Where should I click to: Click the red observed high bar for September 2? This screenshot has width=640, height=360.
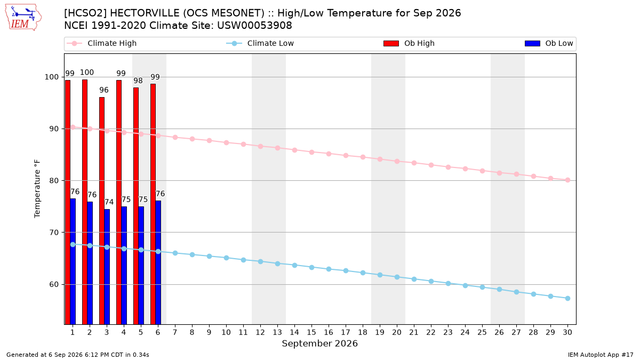click(85, 202)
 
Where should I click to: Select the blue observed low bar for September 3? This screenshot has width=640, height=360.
click(107, 267)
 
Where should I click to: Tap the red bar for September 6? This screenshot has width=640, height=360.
click(153, 204)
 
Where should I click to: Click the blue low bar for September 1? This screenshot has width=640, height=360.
click(73, 261)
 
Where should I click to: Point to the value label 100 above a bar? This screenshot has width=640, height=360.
click(87, 73)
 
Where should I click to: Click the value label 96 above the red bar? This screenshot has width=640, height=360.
click(104, 90)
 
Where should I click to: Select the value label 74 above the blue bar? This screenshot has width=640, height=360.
click(109, 202)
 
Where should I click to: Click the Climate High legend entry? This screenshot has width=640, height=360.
click(102, 43)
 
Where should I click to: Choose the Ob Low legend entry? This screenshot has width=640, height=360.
click(549, 43)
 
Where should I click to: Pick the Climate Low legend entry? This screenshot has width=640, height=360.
click(260, 43)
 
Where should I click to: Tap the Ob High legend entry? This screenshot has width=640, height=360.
click(409, 43)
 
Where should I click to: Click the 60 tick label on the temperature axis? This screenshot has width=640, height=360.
click(54, 285)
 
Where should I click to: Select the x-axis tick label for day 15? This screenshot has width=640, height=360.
click(311, 332)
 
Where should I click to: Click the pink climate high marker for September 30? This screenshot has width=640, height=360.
click(567, 180)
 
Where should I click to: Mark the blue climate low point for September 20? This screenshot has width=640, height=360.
click(397, 277)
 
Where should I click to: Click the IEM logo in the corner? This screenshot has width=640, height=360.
click(23, 18)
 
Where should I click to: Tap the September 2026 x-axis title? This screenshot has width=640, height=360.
click(319, 343)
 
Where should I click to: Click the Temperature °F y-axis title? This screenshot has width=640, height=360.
click(37, 189)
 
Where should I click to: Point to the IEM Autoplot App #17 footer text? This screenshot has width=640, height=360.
click(601, 355)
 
